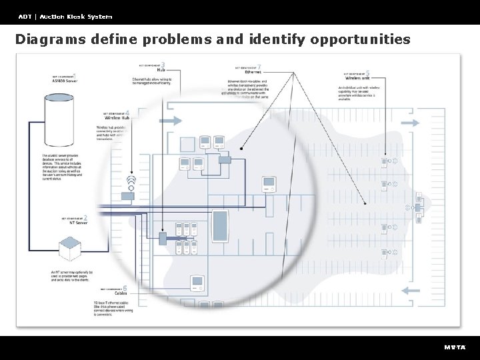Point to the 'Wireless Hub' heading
coord(117,118)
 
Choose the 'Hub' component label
coord(161,69)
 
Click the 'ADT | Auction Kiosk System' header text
coord(65,16)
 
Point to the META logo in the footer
coord(455,347)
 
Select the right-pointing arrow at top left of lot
coord(171,121)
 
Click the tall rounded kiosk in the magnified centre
coord(220,227)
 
